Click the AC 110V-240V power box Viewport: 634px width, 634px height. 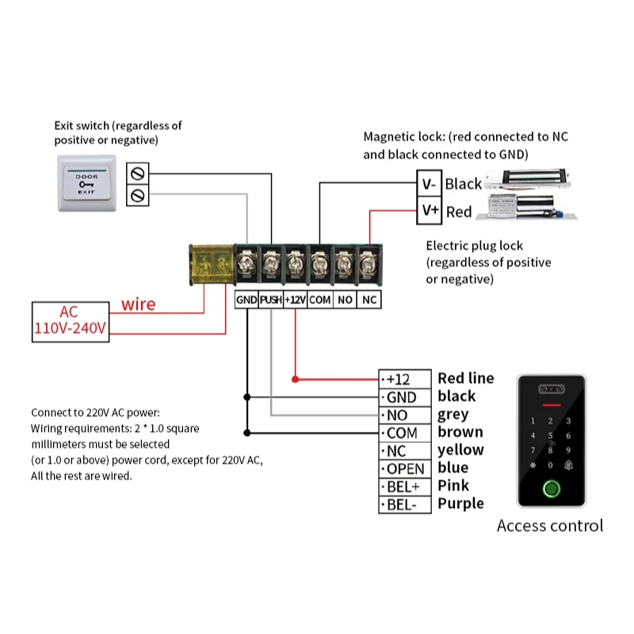(x=70, y=322)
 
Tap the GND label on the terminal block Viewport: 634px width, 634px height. (x=246, y=300)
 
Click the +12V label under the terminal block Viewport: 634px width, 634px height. (x=295, y=300)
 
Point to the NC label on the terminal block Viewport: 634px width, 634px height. (x=369, y=300)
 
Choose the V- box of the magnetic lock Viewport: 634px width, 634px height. (x=429, y=184)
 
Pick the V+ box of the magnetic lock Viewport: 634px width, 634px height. (x=429, y=211)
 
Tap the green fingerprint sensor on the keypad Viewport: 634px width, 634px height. (x=550, y=488)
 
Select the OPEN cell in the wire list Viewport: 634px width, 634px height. (x=405, y=469)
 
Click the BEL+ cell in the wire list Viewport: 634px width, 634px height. (x=405, y=487)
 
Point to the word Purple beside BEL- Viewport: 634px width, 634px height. (x=460, y=503)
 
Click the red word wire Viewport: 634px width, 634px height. (x=138, y=304)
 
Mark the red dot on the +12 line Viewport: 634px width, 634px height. (x=295, y=379)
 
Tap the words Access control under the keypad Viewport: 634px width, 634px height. (x=550, y=525)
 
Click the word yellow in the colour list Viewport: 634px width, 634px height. (x=460, y=450)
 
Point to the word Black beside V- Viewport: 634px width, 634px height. (x=463, y=184)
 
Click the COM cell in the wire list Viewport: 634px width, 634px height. (x=405, y=433)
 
